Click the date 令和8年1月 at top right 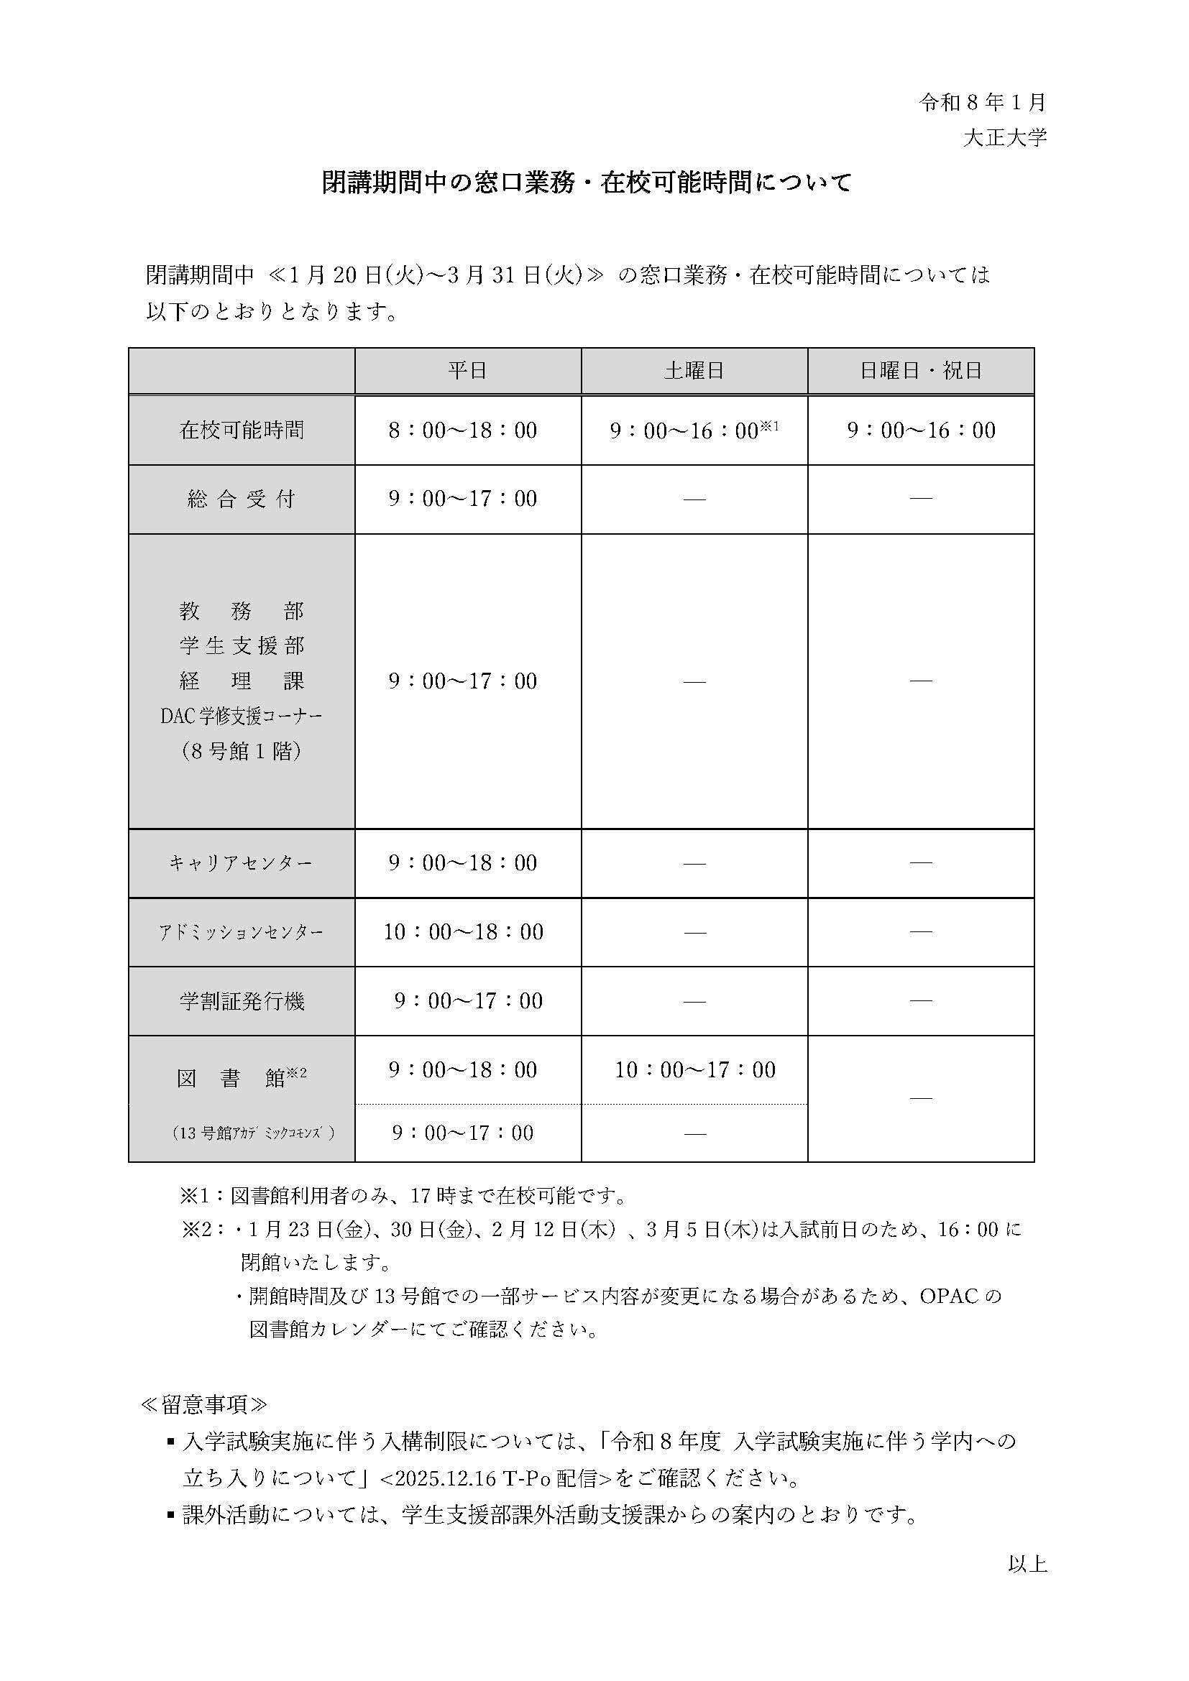click(x=983, y=103)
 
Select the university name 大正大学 click(x=1004, y=138)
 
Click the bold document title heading click(x=587, y=183)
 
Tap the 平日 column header click(x=468, y=371)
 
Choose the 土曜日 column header click(x=694, y=371)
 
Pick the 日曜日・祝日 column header click(x=920, y=371)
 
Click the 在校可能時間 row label click(x=242, y=430)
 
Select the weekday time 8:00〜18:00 click(x=463, y=430)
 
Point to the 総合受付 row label click(x=242, y=499)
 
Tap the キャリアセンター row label click(x=242, y=864)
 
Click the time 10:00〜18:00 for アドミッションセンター click(x=464, y=932)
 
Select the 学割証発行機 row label click(x=242, y=1002)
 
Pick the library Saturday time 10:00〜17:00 click(x=695, y=1070)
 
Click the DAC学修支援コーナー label click(x=242, y=717)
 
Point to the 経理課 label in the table click(x=242, y=681)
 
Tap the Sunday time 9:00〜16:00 click(x=921, y=430)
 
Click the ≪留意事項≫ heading click(x=203, y=1405)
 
